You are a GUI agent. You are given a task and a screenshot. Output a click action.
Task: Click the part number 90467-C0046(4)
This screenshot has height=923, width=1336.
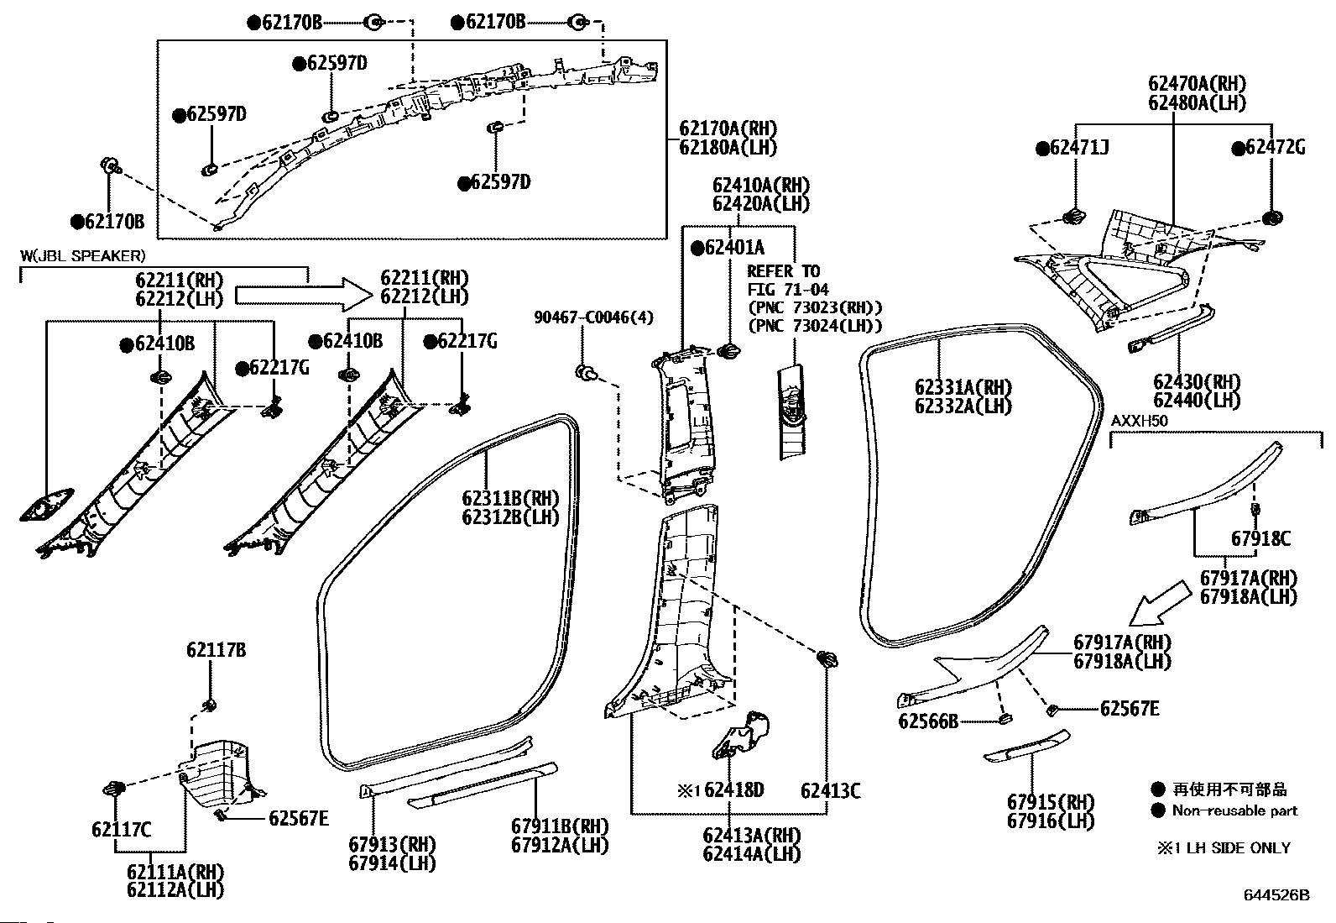point(593,317)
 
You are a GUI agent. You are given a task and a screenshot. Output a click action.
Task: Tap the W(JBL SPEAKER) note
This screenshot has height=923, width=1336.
point(83,256)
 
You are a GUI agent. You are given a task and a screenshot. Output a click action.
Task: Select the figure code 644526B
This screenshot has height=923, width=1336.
point(1276,895)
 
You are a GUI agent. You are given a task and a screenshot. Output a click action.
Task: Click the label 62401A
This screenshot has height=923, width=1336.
point(734,247)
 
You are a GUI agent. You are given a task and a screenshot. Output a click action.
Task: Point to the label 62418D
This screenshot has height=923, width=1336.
point(733,789)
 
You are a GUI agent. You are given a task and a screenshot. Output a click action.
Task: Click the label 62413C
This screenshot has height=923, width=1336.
point(830,790)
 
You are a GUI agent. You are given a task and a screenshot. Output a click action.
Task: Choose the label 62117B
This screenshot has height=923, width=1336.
point(216,649)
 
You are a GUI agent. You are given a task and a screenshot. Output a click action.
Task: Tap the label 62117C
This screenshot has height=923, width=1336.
point(121,829)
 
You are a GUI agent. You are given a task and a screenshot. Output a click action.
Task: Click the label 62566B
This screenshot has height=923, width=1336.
point(928,721)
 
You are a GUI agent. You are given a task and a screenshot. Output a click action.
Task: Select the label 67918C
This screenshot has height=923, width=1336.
point(1260,538)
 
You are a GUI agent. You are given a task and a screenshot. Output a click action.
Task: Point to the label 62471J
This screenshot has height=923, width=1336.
point(1079,148)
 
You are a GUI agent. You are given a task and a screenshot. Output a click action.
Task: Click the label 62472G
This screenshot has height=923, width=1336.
point(1276,147)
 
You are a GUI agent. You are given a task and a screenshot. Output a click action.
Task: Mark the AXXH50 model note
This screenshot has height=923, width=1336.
point(1139,421)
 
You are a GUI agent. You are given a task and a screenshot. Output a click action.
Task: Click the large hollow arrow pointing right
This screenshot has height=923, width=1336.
point(304,295)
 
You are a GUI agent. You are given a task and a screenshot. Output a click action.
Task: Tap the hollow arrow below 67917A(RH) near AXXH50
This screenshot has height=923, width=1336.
point(1160,603)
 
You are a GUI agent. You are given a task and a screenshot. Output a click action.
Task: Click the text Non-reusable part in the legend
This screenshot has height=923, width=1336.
point(1234,810)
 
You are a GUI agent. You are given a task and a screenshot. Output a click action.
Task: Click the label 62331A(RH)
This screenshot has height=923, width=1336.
point(963,387)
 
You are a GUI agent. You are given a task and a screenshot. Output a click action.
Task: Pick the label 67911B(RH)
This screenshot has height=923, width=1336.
point(560,826)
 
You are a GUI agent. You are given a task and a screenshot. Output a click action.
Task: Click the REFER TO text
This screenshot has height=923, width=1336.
point(784,271)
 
